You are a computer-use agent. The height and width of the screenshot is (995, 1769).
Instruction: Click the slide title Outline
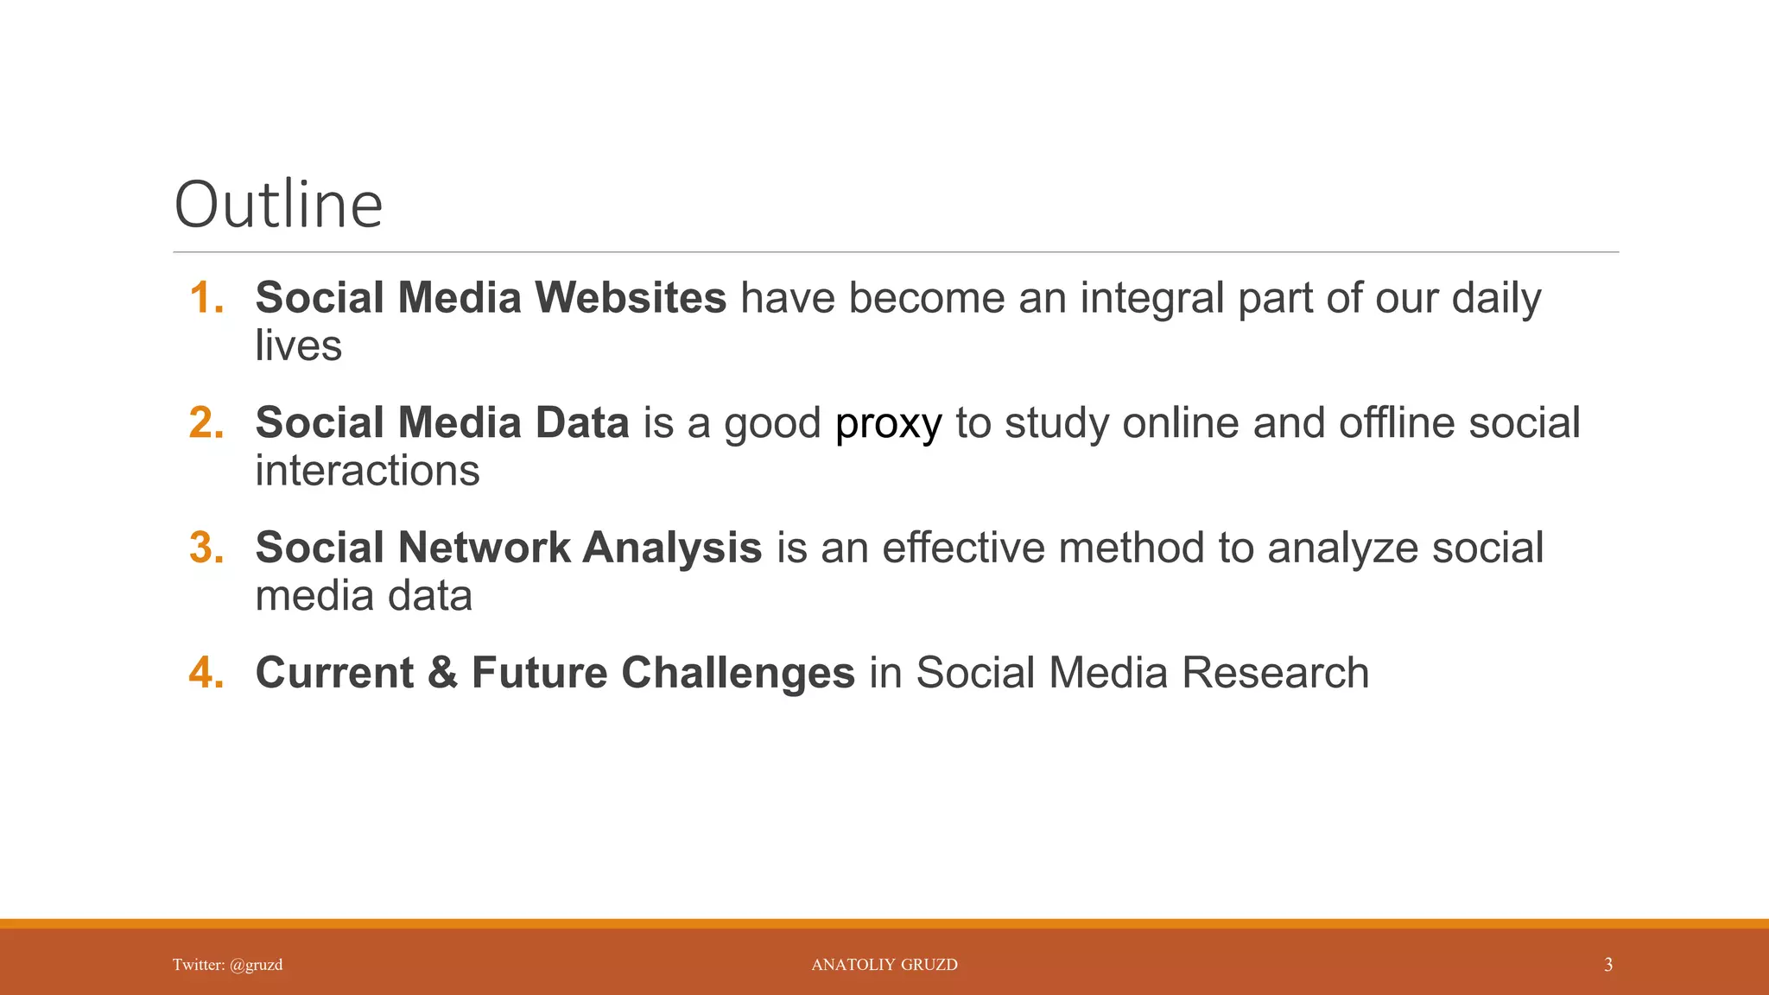pyautogui.click(x=278, y=205)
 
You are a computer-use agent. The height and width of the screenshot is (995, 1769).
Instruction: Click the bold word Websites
pyautogui.click(x=631, y=298)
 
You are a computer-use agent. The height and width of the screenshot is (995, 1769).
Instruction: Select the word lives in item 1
pyautogui.click(x=298, y=346)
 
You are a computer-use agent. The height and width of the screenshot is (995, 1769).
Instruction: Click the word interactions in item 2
pyautogui.click(x=367, y=472)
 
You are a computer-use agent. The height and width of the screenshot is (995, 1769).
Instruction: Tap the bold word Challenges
pyautogui.click(x=738, y=674)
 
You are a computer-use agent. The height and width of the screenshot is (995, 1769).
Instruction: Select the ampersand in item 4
pyautogui.click(x=442, y=674)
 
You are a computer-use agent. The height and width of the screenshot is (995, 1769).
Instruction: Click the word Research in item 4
pyautogui.click(x=1275, y=674)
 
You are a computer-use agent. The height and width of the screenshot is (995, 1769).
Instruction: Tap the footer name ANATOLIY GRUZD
pyautogui.click(x=884, y=965)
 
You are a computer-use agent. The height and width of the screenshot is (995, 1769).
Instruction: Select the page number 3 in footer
pyautogui.click(x=1607, y=965)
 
